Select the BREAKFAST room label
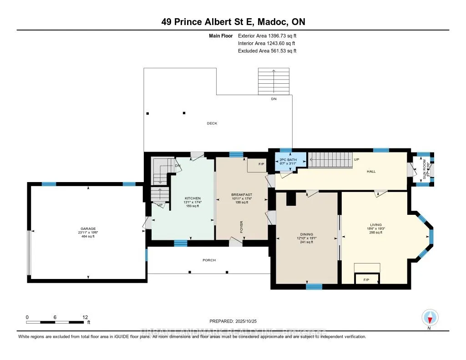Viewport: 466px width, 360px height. tap(242, 195)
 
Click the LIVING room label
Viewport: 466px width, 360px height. tap(375, 224)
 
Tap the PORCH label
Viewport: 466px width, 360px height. tap(209, 260)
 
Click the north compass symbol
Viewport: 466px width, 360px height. tap(430, 317)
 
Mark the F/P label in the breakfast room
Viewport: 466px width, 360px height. tap(261, 164)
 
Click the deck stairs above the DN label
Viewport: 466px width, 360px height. tap(274, 81)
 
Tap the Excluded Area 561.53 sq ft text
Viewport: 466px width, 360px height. tap(267, 51)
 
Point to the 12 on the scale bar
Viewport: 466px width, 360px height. tap(85, 317)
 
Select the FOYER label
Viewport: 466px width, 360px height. tap(242, 227)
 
